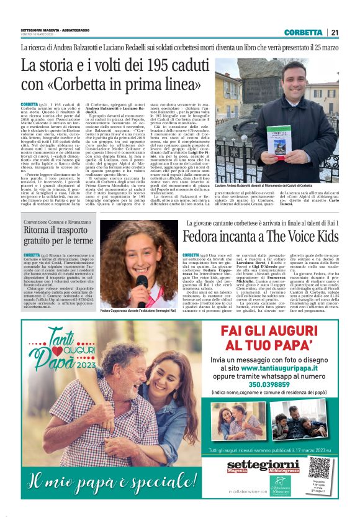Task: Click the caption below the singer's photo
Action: click(137, 311)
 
